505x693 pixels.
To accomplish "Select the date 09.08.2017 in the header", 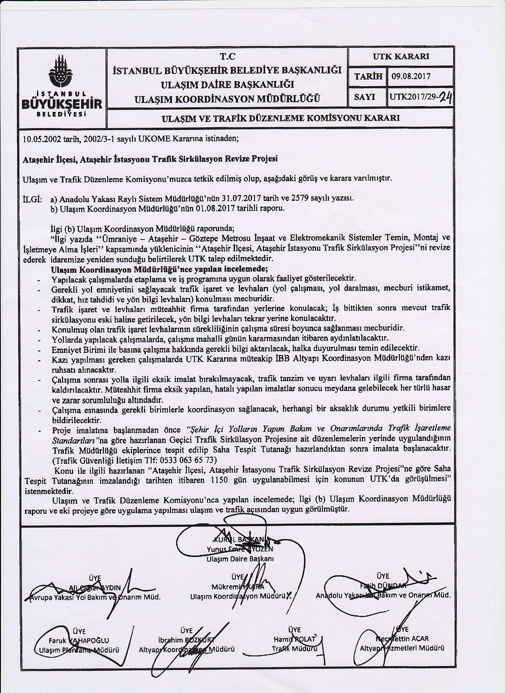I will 411,77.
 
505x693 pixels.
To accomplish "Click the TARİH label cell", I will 368,77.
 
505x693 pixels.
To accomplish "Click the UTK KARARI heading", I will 401,56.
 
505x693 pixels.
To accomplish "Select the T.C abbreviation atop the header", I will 227,56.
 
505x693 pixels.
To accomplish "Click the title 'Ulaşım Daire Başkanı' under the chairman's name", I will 240,559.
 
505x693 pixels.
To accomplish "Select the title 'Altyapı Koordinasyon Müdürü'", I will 186,650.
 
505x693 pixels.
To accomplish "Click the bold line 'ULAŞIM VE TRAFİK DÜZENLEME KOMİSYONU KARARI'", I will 280,118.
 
